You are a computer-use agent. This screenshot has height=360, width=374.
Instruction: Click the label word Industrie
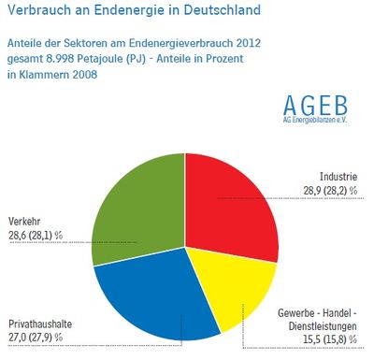point(338,177)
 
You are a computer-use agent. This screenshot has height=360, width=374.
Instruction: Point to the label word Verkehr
point(24,222)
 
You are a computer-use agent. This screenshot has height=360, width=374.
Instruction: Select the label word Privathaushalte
point(40,324)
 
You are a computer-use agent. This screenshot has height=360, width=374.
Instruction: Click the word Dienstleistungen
point(323,326)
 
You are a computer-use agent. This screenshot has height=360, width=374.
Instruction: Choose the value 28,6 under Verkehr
point(17,236)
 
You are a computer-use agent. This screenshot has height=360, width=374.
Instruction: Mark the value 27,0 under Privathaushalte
point(17,338)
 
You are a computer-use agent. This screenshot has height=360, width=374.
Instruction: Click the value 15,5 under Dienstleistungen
point(311,339)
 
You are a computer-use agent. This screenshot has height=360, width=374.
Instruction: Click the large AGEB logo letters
point(315,106)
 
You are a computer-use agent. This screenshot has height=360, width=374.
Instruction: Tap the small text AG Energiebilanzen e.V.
point(315,120)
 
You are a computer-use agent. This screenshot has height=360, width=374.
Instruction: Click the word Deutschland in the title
point(222,10)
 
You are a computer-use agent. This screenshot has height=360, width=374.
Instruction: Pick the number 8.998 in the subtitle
point(61,59)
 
